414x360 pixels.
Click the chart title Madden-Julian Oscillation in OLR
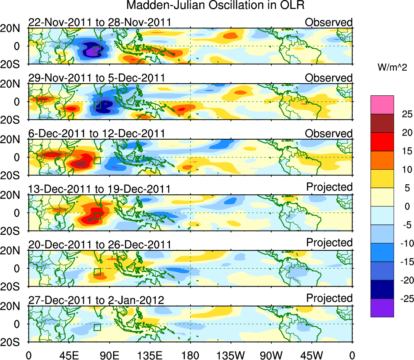click(215, 6)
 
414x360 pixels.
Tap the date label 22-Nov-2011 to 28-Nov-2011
click(100, 22)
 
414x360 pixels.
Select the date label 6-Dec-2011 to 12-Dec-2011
click(97, 134)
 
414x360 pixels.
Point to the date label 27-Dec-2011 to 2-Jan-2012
click(96, 300)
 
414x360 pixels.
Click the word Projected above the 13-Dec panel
click(329, 187)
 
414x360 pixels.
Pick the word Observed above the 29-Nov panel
click(329, 78)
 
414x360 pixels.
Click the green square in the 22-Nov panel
click(97, 50)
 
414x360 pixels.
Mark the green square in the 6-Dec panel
click(97, 160)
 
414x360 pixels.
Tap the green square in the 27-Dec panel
click(97, 327)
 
